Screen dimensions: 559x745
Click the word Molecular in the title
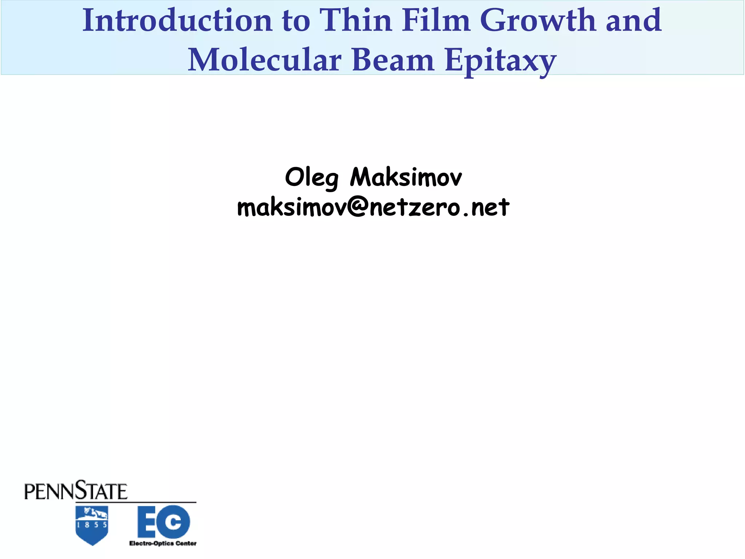(264, 60)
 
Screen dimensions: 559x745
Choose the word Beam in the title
(393, 60)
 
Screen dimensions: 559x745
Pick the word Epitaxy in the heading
(501, 61)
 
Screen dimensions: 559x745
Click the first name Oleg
(312, 178)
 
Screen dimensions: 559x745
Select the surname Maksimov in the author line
(406, 178)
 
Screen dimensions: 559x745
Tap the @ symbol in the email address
(358, 207)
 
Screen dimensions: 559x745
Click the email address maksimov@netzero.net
(373, 207)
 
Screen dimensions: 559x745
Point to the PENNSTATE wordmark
(76, 491)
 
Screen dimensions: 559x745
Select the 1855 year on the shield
(92, 525)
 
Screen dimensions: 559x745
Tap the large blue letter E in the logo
(147, 522)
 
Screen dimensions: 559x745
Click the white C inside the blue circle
(173, 522)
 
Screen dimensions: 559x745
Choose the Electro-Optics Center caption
(163, 543)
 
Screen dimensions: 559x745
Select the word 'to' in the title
(296, 21)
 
